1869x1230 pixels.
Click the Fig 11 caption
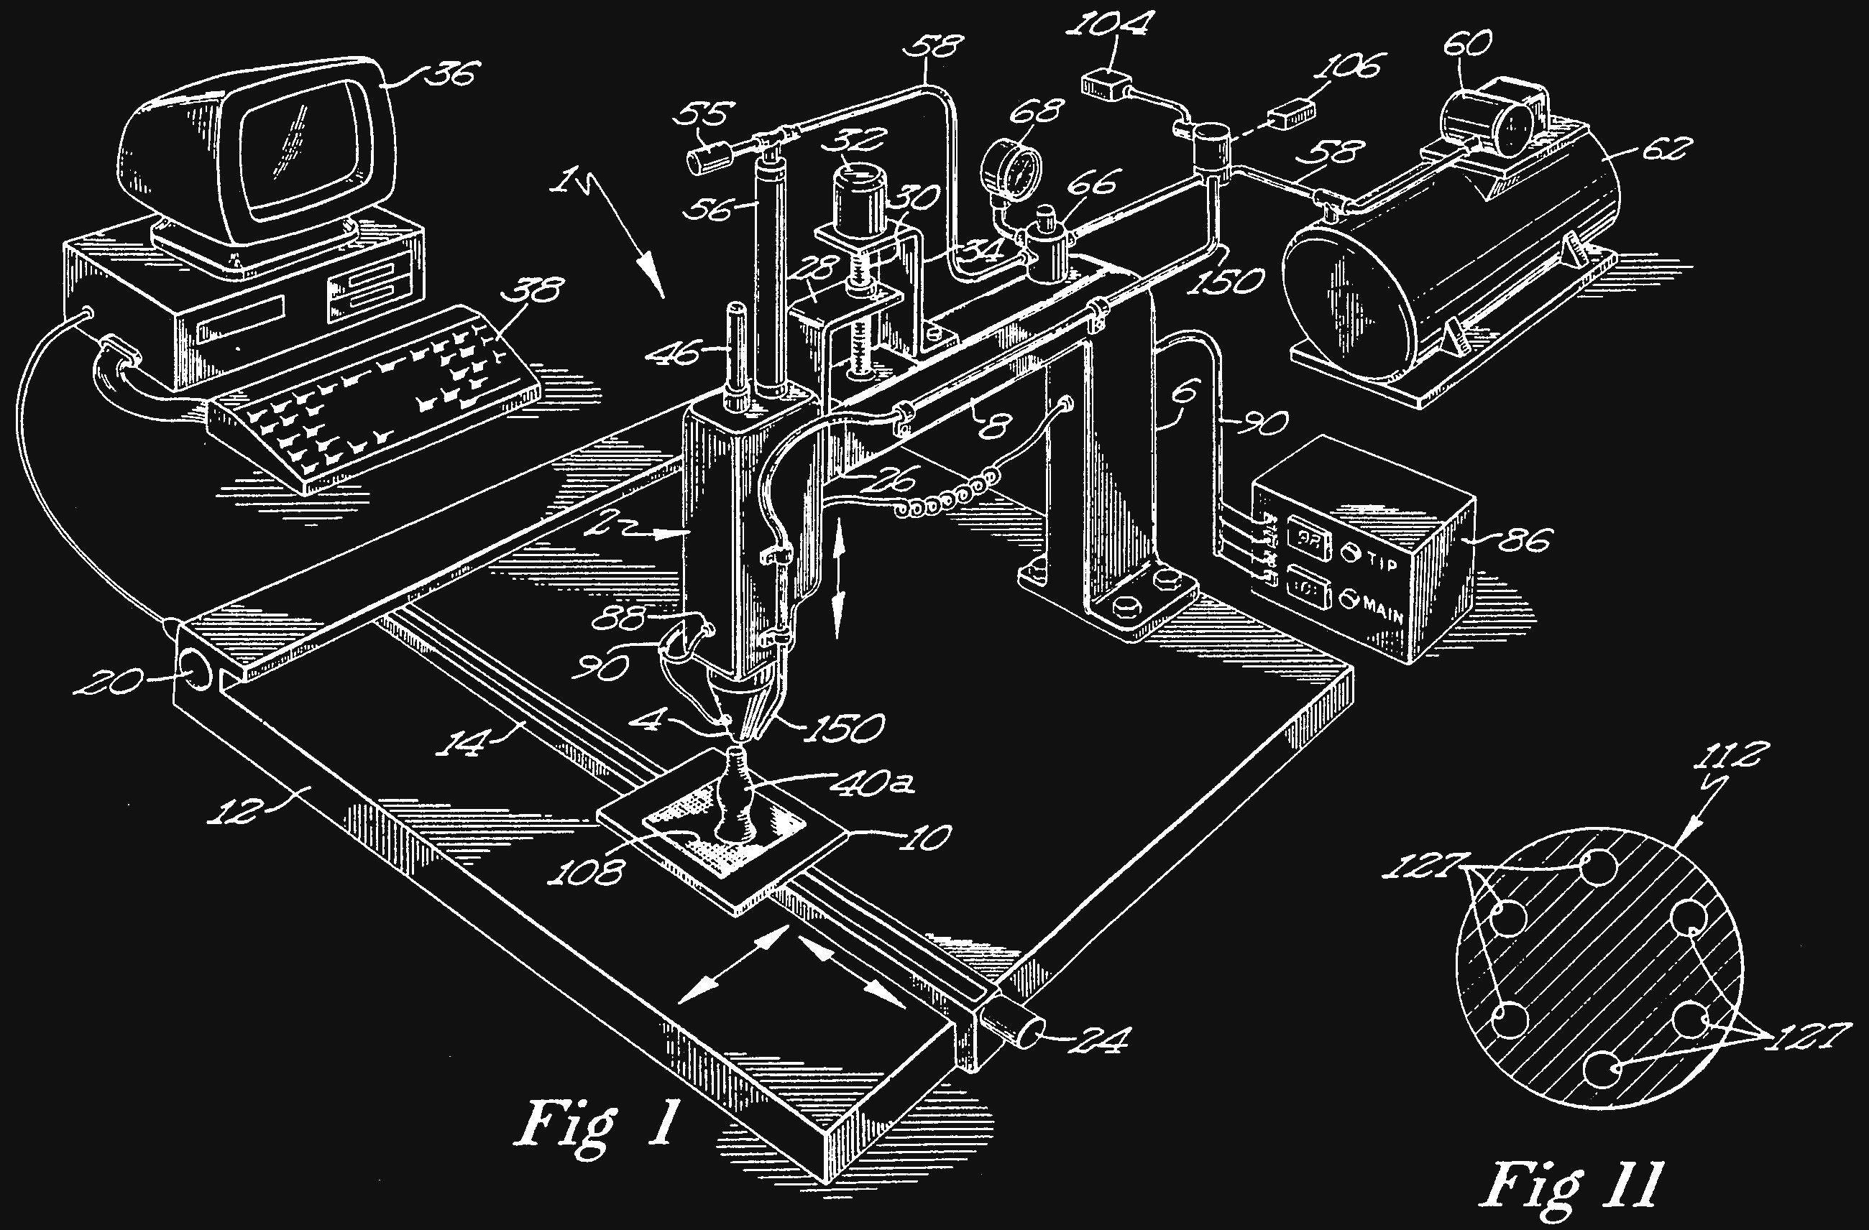pos(1571,1186)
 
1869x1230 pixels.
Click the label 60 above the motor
pos(1468,45)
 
